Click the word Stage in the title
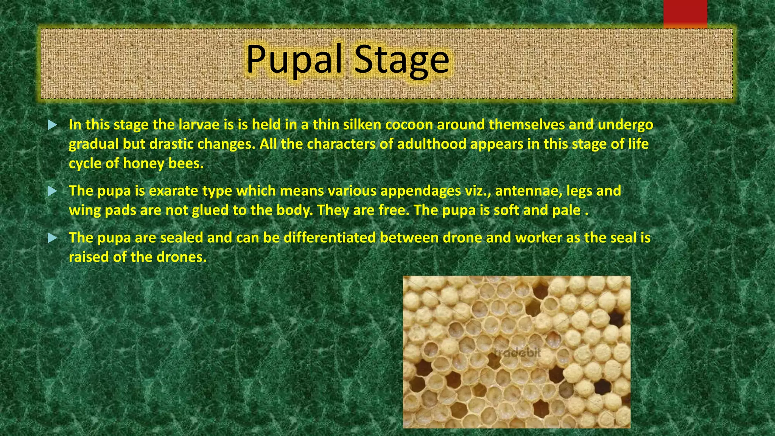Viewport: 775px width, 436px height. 402,59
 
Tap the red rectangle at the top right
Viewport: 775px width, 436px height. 685,14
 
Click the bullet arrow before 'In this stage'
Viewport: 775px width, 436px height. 53,125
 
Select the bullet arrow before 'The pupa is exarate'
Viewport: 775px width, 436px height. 53,191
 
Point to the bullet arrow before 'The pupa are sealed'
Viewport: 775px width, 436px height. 53,238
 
